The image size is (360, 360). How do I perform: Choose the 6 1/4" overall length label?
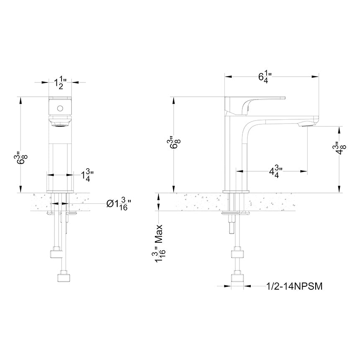[265, 77]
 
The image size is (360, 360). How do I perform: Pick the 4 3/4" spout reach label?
[275, 171]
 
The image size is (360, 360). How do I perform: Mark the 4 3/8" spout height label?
[342, 149]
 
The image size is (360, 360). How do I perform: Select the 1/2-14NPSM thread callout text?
[295, 286]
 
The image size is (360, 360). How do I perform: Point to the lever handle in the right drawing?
[255, 103]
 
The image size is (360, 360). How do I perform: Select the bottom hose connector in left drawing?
[64, 277]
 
